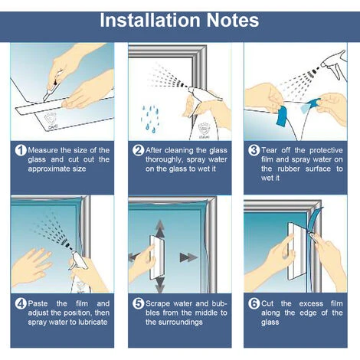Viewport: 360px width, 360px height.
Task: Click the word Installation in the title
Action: (150, 20)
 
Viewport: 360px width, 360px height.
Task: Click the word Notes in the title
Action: (233, 20)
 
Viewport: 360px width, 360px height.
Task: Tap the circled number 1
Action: (21, 150)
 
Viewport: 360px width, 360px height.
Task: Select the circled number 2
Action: (138, 150)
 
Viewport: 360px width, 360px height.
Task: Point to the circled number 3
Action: (254, 150)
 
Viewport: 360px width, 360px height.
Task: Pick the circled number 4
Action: (21, 303)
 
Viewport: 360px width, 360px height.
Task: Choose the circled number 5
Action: (138, 303)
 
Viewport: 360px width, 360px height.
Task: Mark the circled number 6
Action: (254, 303)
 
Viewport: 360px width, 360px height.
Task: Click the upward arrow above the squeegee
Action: (160, 228)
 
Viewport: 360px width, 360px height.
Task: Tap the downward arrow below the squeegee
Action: (160, 285)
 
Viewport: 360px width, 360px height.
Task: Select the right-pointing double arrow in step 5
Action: (188, 257)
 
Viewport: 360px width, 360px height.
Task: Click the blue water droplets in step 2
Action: (150, 119)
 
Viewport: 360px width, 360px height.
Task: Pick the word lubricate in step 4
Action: (93, 322)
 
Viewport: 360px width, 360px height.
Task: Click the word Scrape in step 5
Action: (158, 303)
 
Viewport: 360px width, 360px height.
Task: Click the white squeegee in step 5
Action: (157, 257)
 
